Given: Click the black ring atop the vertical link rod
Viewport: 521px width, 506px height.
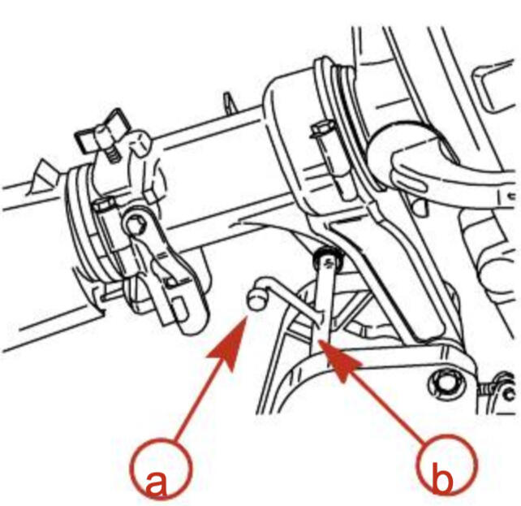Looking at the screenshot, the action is tap(327, 257).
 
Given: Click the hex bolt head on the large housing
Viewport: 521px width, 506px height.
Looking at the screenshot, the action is tap(322, 128).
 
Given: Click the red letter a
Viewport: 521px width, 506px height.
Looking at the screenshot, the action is tap(156, 483).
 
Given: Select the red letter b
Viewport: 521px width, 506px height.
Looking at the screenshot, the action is tap(442, 478).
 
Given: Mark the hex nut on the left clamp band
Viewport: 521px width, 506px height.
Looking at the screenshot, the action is tap(104, 204).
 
